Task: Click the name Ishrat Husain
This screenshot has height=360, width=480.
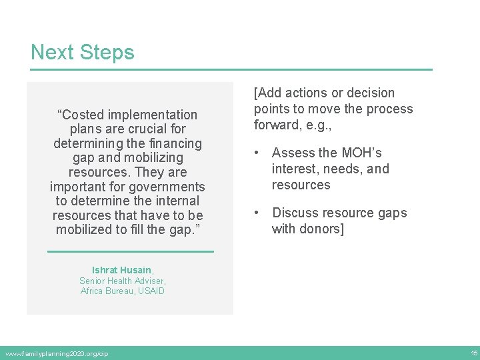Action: tap(121, 270)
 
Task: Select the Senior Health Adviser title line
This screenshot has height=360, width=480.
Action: tap(122, 281)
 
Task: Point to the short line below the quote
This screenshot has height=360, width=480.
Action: tap(131, 251)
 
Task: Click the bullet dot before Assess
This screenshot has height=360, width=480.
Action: tap(257, 153)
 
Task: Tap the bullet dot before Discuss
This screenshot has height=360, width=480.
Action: tap(257, 213)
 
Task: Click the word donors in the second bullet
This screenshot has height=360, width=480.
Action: tap(317, 229)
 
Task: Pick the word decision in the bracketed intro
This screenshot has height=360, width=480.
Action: tap(366, 93)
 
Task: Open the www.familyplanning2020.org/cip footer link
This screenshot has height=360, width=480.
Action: tap(56, 353)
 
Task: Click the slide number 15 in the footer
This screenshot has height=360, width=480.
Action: tap(473, 353)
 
